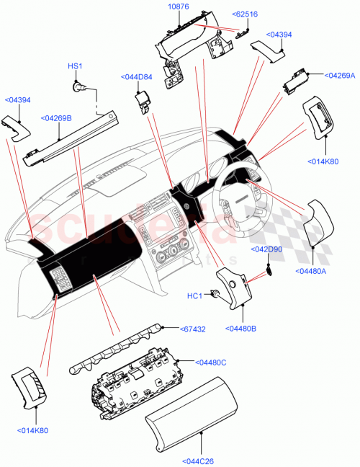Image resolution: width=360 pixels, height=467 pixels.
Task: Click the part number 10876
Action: coord(179,7)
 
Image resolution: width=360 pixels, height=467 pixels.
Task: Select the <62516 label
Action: coord(246,14)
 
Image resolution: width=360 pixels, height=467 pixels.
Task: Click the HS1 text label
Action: coord(75,66)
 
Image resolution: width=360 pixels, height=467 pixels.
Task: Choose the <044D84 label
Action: coord(137,77)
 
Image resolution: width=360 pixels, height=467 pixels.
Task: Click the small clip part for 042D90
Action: coord(269,270)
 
